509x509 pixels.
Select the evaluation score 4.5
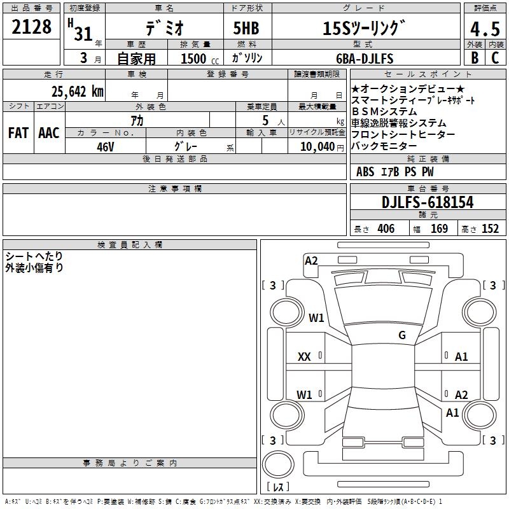point(484,29)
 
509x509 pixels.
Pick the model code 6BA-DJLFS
point(365,59)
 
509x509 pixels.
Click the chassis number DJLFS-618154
point(428,202)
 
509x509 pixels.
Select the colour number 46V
point(105,146)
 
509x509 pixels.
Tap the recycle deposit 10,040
point(311,146)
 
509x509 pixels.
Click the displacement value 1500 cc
point(198,59)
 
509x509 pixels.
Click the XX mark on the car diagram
point(304,357)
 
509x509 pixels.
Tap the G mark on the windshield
point(401,335)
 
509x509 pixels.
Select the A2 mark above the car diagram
point(311,260)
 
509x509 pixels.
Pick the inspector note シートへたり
point(34,256)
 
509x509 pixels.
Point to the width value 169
point(439,229)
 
